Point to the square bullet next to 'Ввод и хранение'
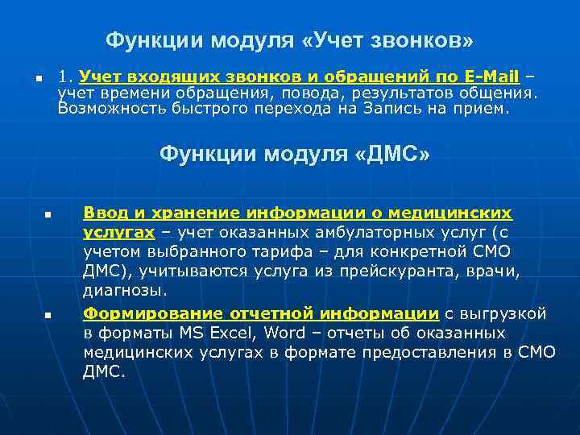point(48,216)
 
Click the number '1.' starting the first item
point(66,77)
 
